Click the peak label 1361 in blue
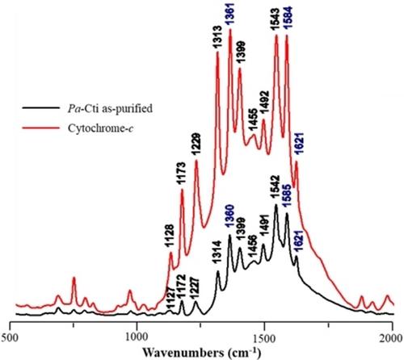tap(229, 15)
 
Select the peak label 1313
tap(217, 37)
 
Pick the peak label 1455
tap(253, 121)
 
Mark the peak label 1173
tap(181, 174)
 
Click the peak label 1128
tap(170, 236)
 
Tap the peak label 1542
tap(276, 187)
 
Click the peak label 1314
tap(217, 253)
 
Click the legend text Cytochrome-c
tap(101, 128)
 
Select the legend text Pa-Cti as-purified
tap(110, 108)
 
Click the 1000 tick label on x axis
tap(137, 338)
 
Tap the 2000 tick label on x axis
tap(393, 338)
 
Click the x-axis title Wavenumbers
tap(183, 353)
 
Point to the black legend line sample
tap(41, 108)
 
